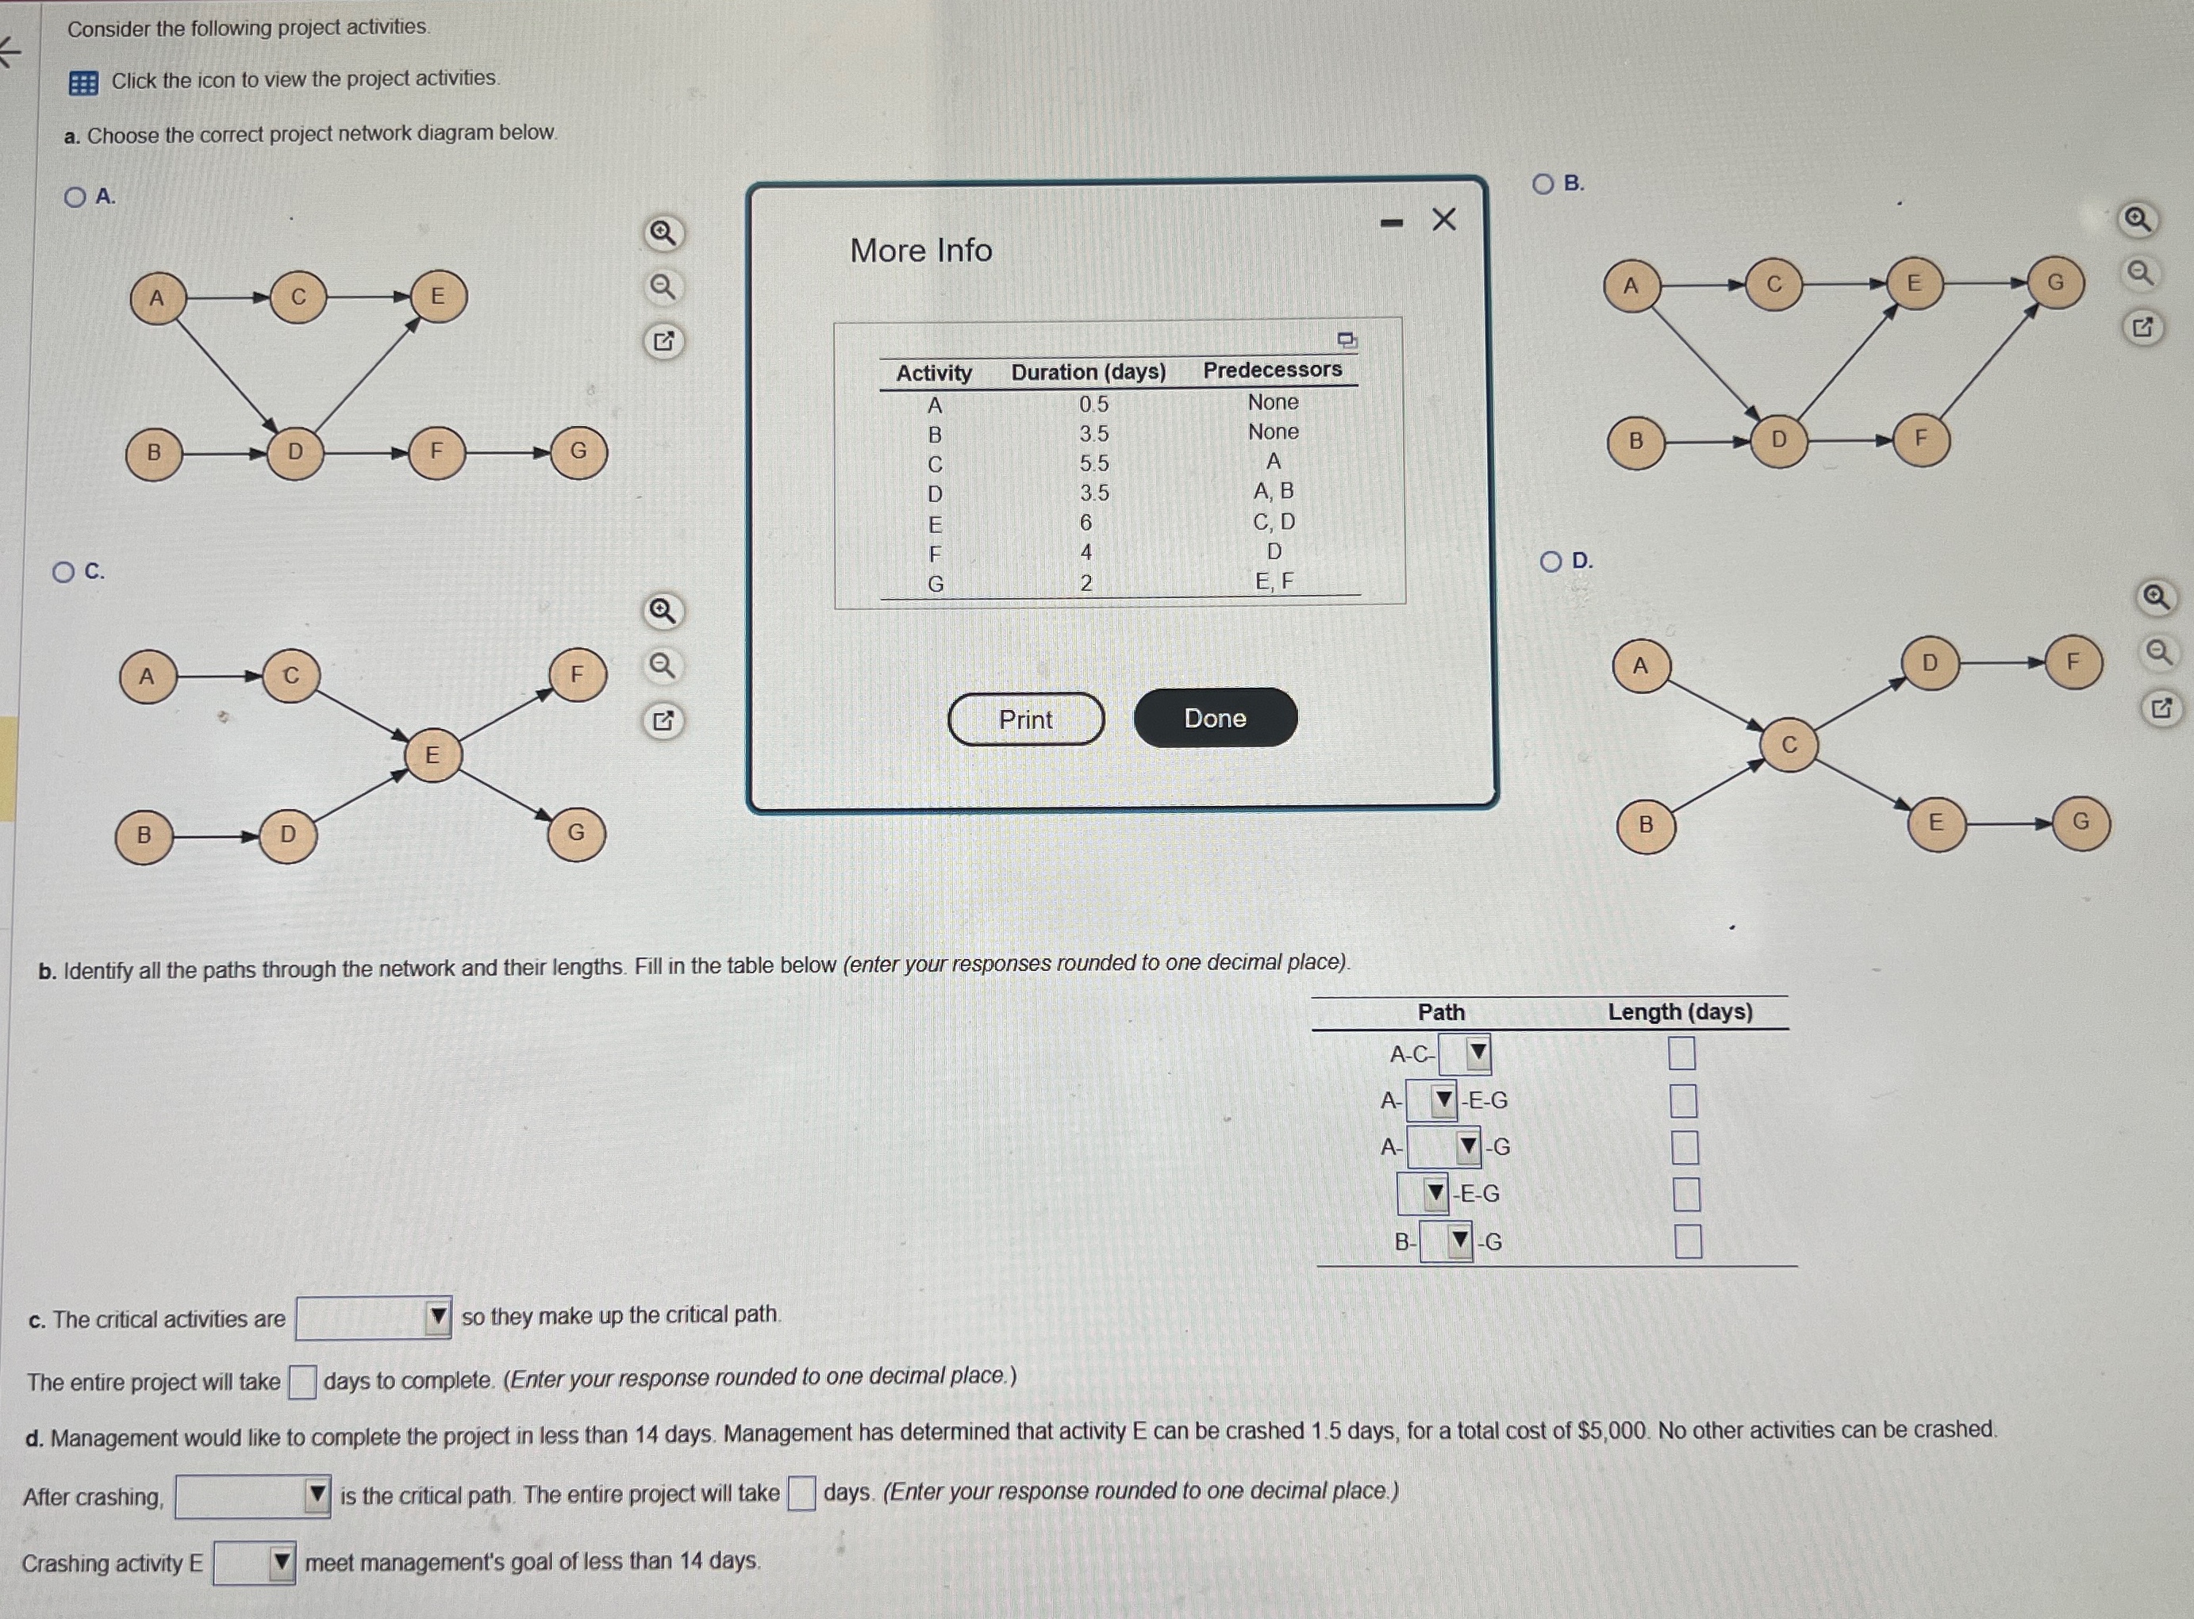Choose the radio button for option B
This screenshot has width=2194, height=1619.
click(x=1543, y=184)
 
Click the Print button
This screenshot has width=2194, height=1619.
click(x=1025, y=719)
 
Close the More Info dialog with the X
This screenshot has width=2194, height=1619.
click(x=1444, y=220)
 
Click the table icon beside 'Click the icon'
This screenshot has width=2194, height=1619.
click(x=83, y=83)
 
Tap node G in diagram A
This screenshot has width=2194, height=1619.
click(x=578, y=451)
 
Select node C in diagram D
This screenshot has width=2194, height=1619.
click(x=1789, y=746)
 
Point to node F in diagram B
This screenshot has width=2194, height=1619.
click(x=1920, y=438)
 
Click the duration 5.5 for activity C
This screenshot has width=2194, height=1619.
click(x=1094, y=463)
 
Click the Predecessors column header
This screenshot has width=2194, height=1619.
click(x=1273, y=370)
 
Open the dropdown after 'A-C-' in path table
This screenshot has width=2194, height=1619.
click(x=1466, y=1054)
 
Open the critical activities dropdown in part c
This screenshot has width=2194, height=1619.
click(x=374, y=1318)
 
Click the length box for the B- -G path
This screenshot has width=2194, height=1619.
click(x=1688, y=1241)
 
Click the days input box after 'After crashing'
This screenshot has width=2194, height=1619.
click(x=801, y=1494)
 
